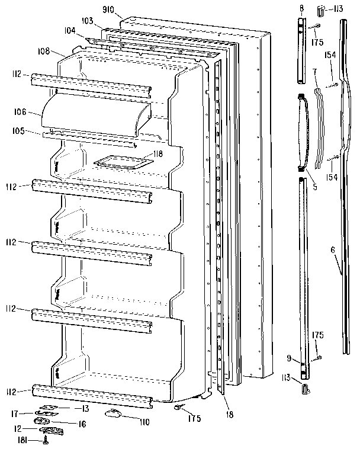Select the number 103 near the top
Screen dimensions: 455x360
(x=88, y=21)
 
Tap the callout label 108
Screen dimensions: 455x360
(x=49, y=51)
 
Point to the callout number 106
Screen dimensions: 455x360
(x=19, y=110)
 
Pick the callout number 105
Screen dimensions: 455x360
(x=19, y=131)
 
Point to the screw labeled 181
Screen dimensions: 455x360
(x=46, y=438)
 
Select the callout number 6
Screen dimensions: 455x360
(x=333, y=249)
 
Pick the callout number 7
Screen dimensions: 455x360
(x=316, y=71)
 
